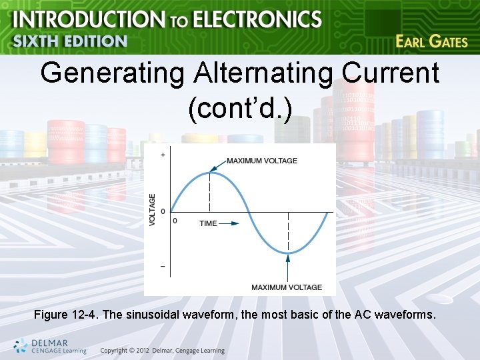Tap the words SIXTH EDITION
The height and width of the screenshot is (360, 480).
click(x=70, y=41)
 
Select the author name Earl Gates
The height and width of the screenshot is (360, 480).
click(x=431, y=41)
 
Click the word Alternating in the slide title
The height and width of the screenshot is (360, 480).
click(x=261, y=73)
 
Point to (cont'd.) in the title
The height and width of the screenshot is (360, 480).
click(x=240, y=109)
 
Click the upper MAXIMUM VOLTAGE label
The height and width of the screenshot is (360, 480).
click(x=262, y=161)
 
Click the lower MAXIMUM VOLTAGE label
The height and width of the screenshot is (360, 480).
click(x=287, y=287)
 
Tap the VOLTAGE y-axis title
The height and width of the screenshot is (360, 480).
click(x=152, y=209)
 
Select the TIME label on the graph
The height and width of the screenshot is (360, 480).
click(x=208, y=223)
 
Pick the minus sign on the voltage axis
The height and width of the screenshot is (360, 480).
click(x=163, y=266)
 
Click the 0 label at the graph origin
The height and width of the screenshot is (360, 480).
click(x=175, y=220)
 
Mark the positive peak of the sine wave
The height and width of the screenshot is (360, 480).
click(x=210, y=172)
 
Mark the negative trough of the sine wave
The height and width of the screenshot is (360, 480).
click(x=288, y=253)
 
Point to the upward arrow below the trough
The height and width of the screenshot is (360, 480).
click(x=288, y=270)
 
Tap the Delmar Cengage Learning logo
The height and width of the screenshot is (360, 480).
click(x=50, y=345)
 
